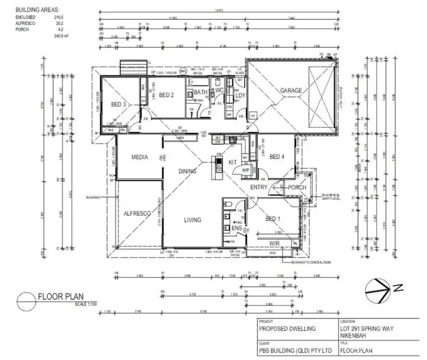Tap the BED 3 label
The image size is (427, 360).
(x=118, y=104)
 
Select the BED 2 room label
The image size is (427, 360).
(x=166, y=95)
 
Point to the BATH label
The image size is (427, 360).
(x=200, y=92)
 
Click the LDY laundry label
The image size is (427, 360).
(x=240, y=96)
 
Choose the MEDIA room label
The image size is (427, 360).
(x=140, y=157)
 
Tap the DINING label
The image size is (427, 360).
(x=187, y=170)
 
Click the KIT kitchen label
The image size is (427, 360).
(x=232, y=163)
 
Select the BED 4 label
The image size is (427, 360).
(x=277, y=157)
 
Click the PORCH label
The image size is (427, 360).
(x=297, y=187)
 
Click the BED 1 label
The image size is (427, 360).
(x=273, y=219)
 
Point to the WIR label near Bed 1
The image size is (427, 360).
(x=261, y=243)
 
